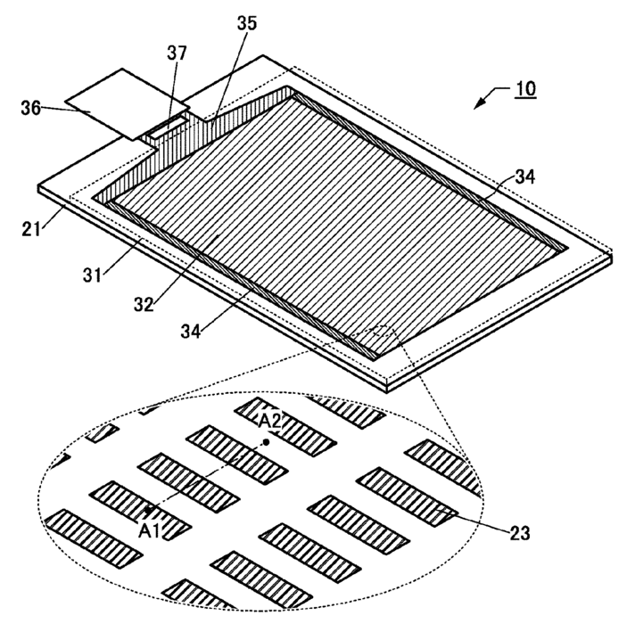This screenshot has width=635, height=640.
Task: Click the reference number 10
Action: [x=526, y=89]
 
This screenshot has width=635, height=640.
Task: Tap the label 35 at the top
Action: [x=247, y=23]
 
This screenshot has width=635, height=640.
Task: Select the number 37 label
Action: [x=177, y=53]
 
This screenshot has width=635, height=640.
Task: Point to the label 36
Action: [x=31, y=108]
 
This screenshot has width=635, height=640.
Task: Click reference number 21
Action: [x=31, y=229]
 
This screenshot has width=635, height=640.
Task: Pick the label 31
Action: [x=92, y=275]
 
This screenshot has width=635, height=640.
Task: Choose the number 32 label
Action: [x=144, y=305]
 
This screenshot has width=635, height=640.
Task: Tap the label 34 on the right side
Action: [x=524, y=176]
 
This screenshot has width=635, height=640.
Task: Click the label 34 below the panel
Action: [x=191, y=331]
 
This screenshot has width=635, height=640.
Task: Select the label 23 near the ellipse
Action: [x=520, y=533]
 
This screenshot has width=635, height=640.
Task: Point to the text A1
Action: [x=149, y=531]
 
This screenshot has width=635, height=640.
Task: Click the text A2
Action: [x=270, y=422]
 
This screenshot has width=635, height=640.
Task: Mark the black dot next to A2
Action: [x=267, y=442]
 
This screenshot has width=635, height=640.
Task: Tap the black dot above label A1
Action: [x=149, y=509]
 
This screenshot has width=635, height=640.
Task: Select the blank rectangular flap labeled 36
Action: [x=128, y=104]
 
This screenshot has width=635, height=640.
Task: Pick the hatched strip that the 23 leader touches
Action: [x=407, y=496]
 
